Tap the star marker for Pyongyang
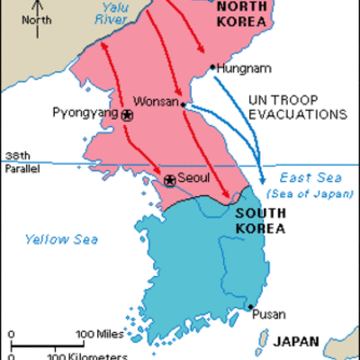click(x=127, y=116)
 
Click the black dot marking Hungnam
click(x=211, y=67)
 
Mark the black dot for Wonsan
click(x=184, y=104)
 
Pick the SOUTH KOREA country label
click(x=261, y=221)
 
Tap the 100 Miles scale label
click(x=95, y=336)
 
